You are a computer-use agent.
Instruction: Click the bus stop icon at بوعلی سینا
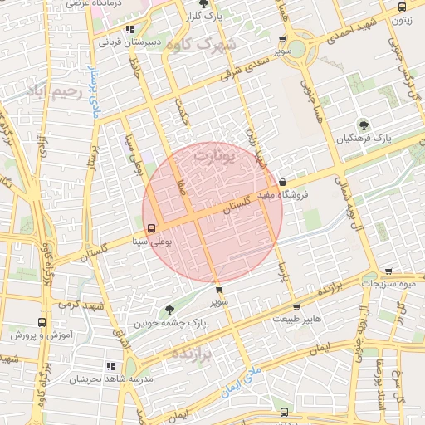coord(150,228)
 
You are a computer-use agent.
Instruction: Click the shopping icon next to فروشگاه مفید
coord(282,183)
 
